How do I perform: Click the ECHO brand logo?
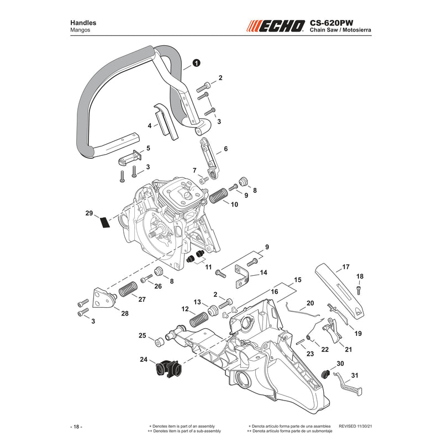[276, 26]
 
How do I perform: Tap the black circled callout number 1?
[196, 63]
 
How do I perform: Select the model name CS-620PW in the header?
[331, 23]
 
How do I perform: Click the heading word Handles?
[83, 23]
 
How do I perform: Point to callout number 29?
[89, 213]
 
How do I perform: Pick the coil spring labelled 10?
[218, 195]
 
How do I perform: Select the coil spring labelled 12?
[199, 320]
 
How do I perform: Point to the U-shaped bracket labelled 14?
[242, 277]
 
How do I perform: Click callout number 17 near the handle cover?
[346, 267]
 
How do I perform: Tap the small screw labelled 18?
[359, 290]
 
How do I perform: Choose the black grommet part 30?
[326, 374]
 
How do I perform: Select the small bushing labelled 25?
[160, 341]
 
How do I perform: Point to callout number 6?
[225, 149]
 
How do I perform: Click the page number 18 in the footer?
[76, 427]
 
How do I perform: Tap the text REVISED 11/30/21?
[355, 426]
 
